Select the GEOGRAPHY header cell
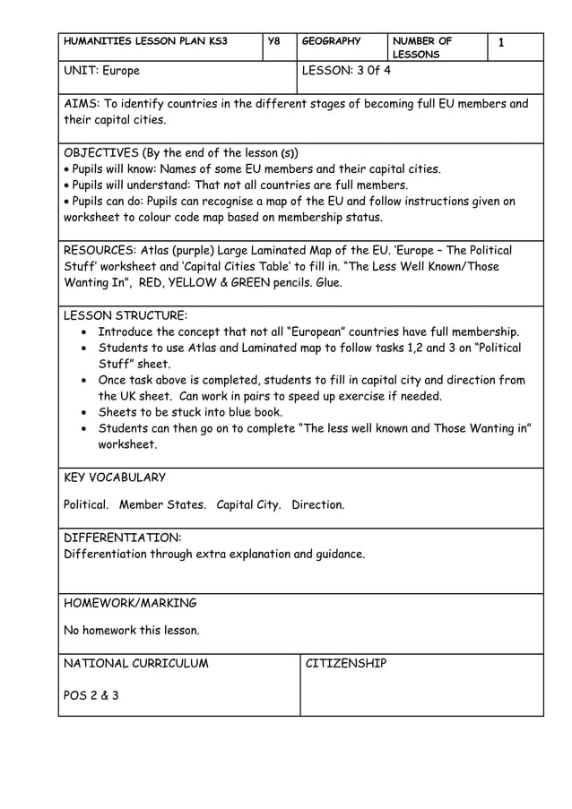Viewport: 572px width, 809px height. [331, 41]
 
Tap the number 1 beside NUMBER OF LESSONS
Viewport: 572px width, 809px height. [501, 42]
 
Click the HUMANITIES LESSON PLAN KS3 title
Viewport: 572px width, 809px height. [145, 41]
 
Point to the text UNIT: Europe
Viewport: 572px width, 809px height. [101, 70]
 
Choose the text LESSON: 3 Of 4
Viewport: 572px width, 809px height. [346, 70]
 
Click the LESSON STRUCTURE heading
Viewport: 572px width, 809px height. [126, 315]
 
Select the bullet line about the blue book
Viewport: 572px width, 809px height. [190, 412]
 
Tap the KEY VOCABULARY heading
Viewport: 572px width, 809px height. [115, 478]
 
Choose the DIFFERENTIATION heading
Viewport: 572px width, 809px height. [122, 538]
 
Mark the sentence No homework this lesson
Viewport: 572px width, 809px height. [132, 630]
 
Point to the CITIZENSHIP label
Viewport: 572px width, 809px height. [346, 664]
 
